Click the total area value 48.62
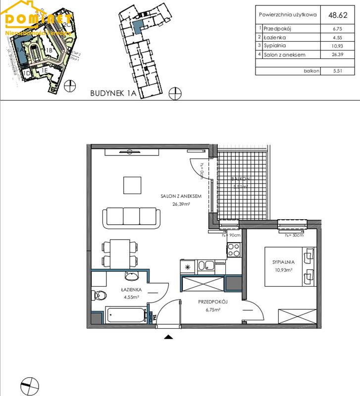[336, 15]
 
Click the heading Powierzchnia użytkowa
[288, 15]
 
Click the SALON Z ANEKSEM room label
[181, 197]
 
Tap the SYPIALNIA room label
[284, 263]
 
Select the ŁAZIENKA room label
[132, 290]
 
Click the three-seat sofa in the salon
[131, 216]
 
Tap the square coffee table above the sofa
[133, 185]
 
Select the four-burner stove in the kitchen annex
[233, 249]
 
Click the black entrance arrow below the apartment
[169, 337]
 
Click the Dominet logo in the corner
[37, 20]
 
